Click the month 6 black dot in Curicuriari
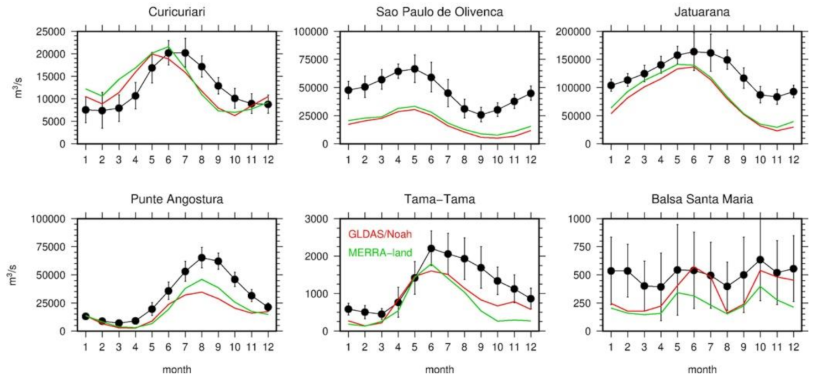[x=169, y=53]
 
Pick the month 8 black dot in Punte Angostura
[x=202, y=258]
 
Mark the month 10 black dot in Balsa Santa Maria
[x=761, y=259]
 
